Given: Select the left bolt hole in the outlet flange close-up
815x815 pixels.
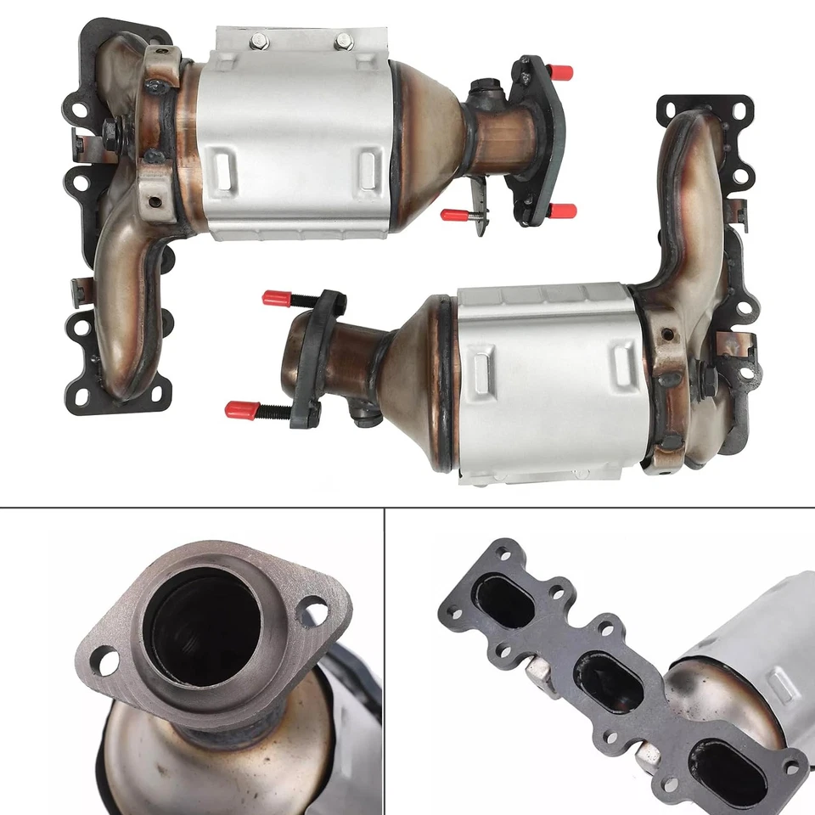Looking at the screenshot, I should pos(104,660).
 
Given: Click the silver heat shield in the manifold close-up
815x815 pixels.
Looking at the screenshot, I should pos(747,645).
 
